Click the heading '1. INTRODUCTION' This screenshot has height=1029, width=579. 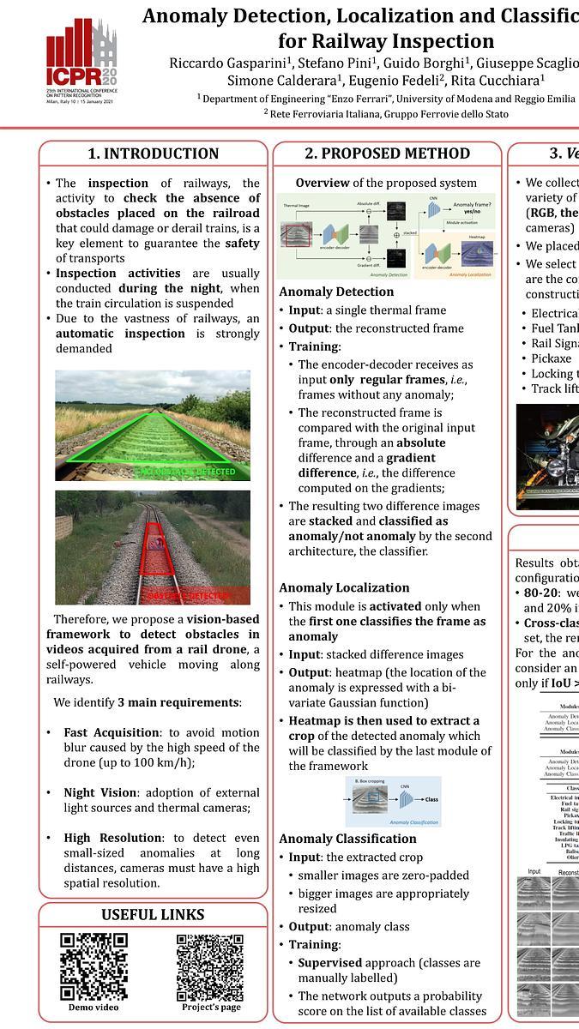(x=154, y=153)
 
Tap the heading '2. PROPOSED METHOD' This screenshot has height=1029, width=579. (x=387, y=153)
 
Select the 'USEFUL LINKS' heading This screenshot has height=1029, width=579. (x=153, y=914)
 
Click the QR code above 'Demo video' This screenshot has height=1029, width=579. (x=93, y=966)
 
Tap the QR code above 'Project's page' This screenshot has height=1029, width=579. (x=210, y=966)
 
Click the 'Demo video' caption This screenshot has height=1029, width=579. (x=93, y=1008)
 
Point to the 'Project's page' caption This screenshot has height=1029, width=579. (x=210, y=1008)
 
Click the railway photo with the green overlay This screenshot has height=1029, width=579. (x=153, y=424)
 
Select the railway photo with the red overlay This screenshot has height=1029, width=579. (x=153, y=547)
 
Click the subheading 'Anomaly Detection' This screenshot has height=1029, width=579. (x=335, y=292)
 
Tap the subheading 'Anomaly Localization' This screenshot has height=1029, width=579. (x=344, y=587)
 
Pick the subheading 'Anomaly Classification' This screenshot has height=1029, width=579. (x=347, y=839)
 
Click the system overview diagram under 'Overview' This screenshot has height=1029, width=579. (x=386, y=236)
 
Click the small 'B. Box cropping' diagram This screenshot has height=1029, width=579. (x=393, y=802)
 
